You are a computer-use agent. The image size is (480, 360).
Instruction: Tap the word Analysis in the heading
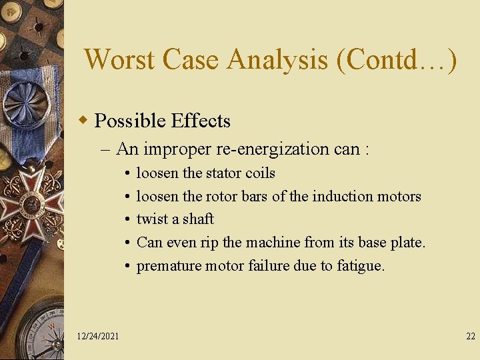277,59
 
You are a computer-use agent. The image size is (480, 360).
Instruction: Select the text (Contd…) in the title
397,59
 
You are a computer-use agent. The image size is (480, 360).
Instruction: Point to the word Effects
201,121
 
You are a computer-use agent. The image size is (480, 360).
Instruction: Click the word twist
151,219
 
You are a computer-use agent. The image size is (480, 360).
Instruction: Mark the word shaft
198,219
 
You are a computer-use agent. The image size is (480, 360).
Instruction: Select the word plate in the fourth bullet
408,242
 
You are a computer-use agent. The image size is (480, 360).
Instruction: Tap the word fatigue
361,265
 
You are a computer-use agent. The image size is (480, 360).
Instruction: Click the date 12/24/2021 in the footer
98,336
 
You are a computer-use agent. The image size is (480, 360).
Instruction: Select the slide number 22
471,336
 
